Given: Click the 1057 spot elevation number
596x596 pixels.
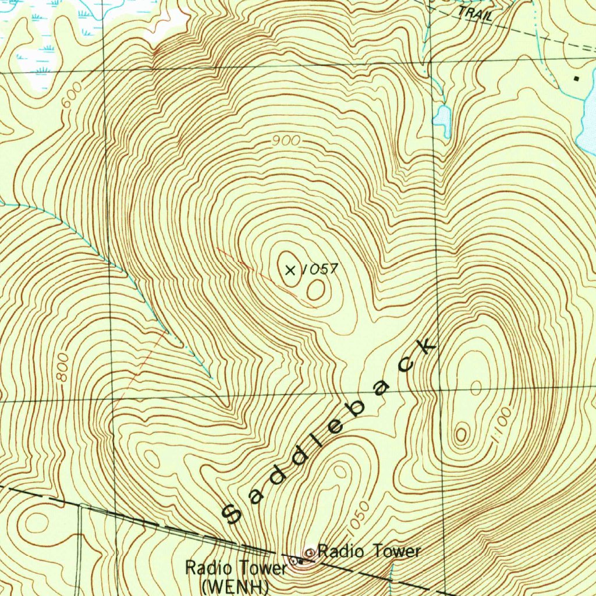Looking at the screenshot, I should (321, 269).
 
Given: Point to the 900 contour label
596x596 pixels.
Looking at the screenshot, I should (286, 141).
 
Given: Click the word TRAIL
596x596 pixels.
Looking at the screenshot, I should (474, 13).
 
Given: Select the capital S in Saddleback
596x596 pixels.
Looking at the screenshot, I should (233, 512).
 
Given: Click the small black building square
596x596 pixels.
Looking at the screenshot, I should (577, 78).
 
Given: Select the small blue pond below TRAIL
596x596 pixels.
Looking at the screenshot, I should (442, 119).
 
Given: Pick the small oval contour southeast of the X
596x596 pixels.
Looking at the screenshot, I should (315, 290).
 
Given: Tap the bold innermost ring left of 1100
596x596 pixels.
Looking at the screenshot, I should (462, 433).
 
